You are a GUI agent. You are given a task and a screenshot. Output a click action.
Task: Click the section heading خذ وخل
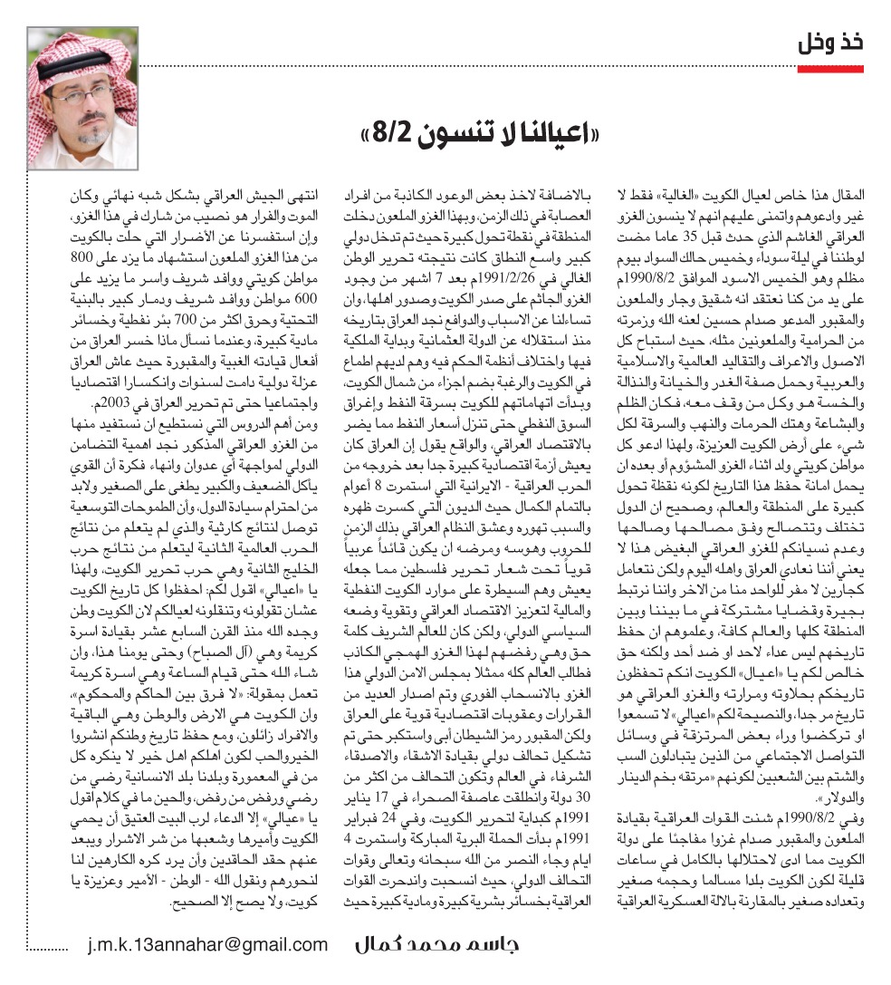click(x=829, y=43)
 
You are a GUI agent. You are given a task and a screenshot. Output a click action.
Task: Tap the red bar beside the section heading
click(x=833, y=67)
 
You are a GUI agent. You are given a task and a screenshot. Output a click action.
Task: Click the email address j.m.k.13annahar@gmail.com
click(x=208, y=945)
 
